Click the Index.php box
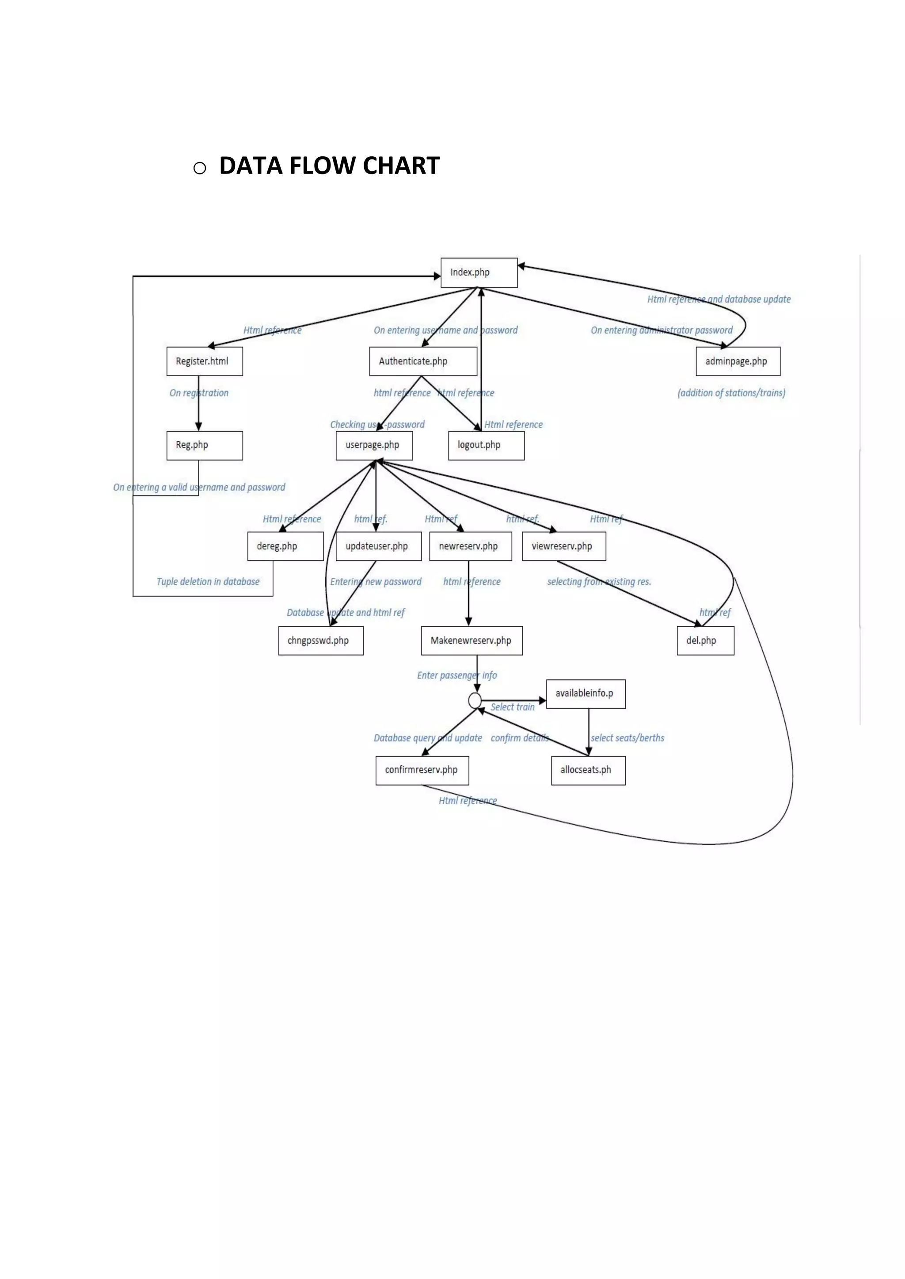point(479,272)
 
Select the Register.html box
point(205,361)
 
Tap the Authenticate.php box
point(423,361)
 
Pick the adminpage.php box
point(738,361)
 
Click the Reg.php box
point(205,445)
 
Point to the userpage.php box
point(374,445)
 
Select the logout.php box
point(486,445)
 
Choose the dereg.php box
point(285,546)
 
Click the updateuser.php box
point(378,546)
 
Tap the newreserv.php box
point(470,546)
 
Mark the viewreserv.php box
point(564,546)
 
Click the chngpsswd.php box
point(320,641)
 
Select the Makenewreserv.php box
point(472,641)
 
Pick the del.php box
point(705,641)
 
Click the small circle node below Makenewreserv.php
point(475,700)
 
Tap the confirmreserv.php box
point(422,770)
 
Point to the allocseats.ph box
point(588,770)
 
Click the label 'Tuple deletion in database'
point(208,582)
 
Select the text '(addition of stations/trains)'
point(731,393)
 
